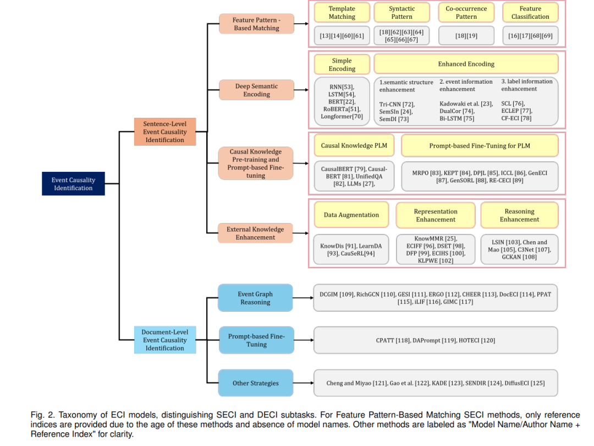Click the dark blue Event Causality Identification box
pyautogui.click(x=73, y=184)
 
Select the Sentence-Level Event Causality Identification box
pyautogui.click(x=165, y=132)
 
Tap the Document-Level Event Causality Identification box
pyautogui.click(x=165, y=340)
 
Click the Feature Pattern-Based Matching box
pyautogui.click(x=256, y=24)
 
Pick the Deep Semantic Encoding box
pyautogui.click(x=256, y=90)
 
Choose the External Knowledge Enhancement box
pyautogui.click(x=255, y=233)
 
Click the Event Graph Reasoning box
pyautogui.click(x=255, y=298)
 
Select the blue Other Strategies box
pyautogui.click(x=255, y=383)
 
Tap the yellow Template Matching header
pyautogui.click(x=342, y=13)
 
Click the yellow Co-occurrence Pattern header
pyautogui.click(x=466, y=13)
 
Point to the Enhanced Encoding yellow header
pyautogui.click(x=466, y=64)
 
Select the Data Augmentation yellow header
pyautogui.click(x=351, y=215)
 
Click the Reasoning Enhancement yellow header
pyautogui.click(x=519, y=215)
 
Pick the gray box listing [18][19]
pyautogui.click(x=466, y=36)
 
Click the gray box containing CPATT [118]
pyautogui.click(x=436, y=340)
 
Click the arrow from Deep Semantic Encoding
pyautogui.click(x=301, y=90)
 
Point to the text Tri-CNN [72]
pyautogui.click(x=397, y=104)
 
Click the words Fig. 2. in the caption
pyautogui.click(x=42, y=415)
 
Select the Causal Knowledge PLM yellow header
pyautogui.click(x=354, y=145)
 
